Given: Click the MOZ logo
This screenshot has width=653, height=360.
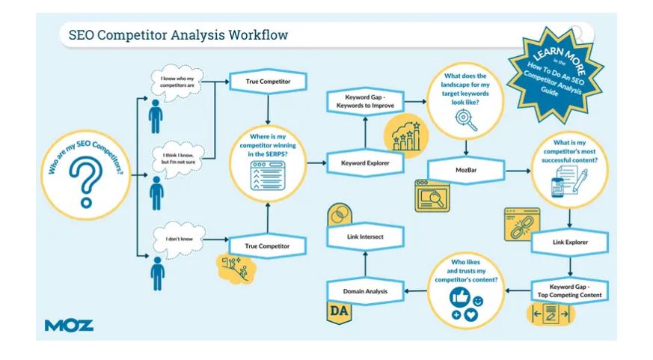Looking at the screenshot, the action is coord(69,326).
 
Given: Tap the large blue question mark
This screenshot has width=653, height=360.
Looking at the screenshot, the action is coord(86,181).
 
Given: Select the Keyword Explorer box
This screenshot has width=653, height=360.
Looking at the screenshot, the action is coord(365,163).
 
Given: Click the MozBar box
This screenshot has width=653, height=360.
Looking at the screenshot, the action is coord(466,170).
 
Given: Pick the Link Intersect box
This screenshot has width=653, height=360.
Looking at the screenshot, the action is coord(365,237).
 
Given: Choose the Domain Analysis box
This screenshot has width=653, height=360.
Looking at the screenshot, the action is coord(365,291).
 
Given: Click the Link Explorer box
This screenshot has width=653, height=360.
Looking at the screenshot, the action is coord(570,242).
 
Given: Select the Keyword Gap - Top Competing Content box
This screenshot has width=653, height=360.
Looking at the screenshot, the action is coord(570,291).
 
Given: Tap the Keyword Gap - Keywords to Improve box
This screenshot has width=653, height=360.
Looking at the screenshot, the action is coord(365,101).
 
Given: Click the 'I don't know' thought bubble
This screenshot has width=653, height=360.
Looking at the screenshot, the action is coord(179,240).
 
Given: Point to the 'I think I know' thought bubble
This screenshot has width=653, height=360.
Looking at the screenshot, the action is coord(178,159).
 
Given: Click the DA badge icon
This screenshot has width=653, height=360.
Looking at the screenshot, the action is coord(339,311).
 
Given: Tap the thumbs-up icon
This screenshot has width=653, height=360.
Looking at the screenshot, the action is coord(460,297).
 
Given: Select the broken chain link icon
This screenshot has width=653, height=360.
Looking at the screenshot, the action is coord(522,225).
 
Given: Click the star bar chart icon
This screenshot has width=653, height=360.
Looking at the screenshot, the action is coord(406,135).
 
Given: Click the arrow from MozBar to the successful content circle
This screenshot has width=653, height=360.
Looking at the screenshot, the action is coord(518,171).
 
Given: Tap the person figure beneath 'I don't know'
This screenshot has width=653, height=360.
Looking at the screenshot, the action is coord(157,273).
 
